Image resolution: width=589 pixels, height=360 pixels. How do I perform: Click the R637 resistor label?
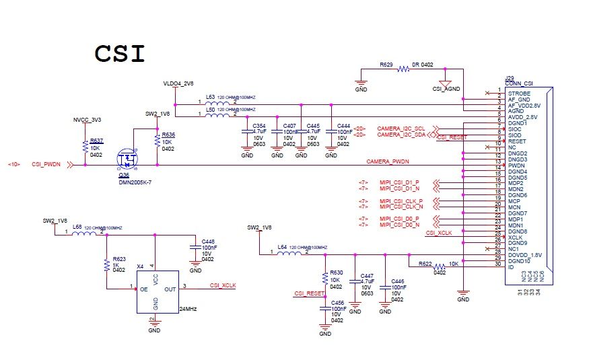pos(96,141)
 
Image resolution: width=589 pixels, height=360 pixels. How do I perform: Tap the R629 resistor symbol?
pos(403,69)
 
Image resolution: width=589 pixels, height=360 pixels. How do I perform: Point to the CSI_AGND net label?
pos(446,88)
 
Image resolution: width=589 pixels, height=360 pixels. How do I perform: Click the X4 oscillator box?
pos(156,291)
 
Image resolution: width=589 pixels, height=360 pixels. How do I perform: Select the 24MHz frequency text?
pos(188,308)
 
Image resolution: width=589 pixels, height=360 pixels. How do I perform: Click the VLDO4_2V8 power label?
pos(178,84)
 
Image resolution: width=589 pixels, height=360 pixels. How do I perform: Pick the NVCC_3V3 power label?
pos(87,120)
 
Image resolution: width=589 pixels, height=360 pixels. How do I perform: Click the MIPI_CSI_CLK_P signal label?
pos(401,201)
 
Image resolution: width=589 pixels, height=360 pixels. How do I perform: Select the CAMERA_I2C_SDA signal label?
pos(401,134)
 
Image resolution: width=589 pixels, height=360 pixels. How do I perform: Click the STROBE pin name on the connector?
pos(519,94)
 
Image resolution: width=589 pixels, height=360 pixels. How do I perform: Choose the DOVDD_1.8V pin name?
pos(524,256)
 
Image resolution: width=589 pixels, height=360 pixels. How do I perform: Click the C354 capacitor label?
pos(258,126)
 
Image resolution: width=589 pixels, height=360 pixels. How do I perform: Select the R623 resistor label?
pos(119,258)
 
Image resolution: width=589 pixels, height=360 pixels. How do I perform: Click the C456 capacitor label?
pos(338,303)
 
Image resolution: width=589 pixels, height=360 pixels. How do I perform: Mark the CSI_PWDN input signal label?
pos(46,164)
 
